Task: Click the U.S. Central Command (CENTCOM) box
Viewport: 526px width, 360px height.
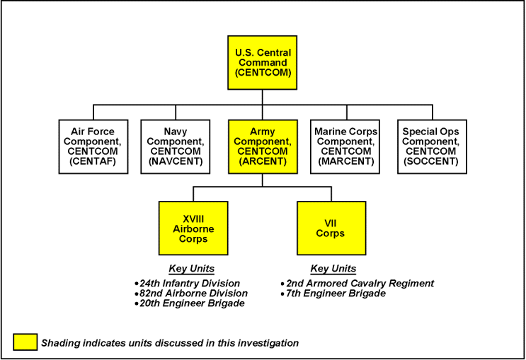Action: pos(263,62)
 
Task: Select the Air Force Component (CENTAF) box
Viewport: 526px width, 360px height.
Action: pos(93,146)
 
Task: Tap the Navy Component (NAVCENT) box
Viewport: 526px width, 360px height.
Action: pos(178,146)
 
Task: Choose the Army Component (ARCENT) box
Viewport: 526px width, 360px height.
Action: pos(263,146)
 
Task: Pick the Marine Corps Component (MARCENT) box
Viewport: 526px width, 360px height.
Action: pos(346,146)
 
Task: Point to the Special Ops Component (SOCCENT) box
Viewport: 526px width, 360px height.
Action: pos(430,146)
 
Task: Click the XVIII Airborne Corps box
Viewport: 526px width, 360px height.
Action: pos(193,228)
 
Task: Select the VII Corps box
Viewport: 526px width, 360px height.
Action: pos(331,228)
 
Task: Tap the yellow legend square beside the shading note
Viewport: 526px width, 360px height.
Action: pos(25,342)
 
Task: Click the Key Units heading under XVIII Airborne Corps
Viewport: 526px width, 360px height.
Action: pos(191,269)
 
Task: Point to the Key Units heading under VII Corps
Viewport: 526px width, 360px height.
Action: pos(333,269)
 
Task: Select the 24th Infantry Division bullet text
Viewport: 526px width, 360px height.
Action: pos(189,283)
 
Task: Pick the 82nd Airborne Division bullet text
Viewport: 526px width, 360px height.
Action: pos(193,293)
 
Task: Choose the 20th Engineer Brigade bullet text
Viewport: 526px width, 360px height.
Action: pos(192,303)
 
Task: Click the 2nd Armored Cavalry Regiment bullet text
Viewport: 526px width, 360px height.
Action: pos(360,283)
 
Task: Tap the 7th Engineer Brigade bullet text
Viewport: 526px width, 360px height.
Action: pos(336,293)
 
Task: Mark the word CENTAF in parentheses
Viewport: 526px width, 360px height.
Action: pos(93,161)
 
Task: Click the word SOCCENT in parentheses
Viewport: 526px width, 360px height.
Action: pos(430,161)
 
